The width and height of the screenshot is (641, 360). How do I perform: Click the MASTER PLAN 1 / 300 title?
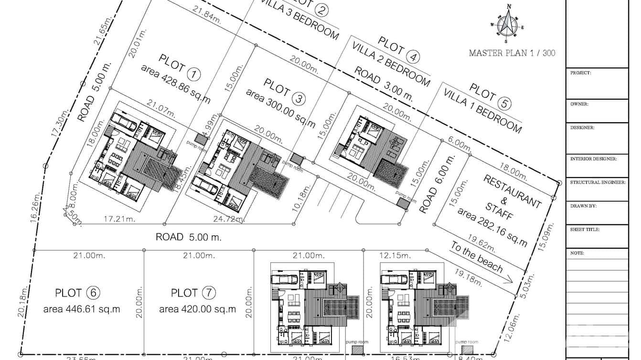tap(512, 53)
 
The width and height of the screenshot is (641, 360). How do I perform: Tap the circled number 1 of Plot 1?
tap(194, 74)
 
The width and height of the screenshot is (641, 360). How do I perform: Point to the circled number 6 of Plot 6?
tap(93, 293)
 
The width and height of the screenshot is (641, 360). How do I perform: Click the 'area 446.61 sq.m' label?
tap(82, 309)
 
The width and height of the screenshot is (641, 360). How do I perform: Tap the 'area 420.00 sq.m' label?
tap(197, 309)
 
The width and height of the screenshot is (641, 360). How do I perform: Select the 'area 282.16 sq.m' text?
tap(492, 227)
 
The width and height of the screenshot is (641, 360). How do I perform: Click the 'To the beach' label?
tap(476, 257)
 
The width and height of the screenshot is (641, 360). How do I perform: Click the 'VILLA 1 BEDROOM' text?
tap(482, 110)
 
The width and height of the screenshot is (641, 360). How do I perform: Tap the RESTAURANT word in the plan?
tap(513, 191)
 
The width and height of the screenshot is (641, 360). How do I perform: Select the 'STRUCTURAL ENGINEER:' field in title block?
tap(597, 182)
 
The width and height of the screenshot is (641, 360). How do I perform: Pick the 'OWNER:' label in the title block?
tap(579, 104)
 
